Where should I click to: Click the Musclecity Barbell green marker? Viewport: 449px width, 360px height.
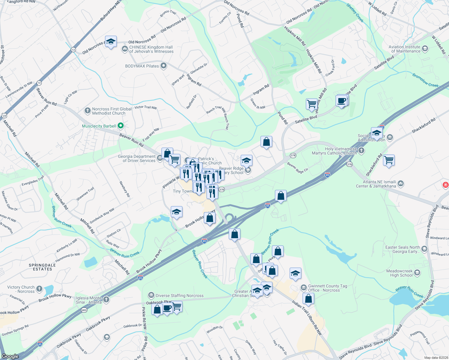coord(120,126)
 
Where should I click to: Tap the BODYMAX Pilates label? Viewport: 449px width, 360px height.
coord(142,66)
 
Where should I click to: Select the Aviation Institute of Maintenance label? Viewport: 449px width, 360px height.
coord(404,49)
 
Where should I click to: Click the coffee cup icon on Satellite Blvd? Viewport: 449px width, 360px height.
coord(342,101)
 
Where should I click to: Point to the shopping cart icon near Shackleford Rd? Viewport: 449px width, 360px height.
coord(389,160)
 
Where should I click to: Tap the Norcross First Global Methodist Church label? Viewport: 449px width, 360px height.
coord(112,111)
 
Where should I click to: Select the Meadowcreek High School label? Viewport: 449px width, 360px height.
coord(399,273)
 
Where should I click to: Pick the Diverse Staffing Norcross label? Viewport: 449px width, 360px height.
coord(179,295)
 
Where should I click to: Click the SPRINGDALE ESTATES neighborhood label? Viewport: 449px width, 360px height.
coord(42,267)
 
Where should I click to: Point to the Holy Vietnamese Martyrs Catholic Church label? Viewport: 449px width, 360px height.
coord(341,151)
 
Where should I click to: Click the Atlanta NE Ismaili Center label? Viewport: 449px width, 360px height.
coord(380,184)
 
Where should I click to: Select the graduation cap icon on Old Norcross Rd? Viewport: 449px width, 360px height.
coord(111,42)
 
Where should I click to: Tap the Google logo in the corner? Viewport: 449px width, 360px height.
coord(10,356)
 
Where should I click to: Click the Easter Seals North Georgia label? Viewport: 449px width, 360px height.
coord(402,249)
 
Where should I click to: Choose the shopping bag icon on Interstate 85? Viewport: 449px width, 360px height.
coord(281,196)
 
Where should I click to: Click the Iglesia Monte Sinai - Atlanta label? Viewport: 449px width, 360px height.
coord(89,300)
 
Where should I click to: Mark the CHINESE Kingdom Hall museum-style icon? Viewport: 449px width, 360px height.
coord(125,49)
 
